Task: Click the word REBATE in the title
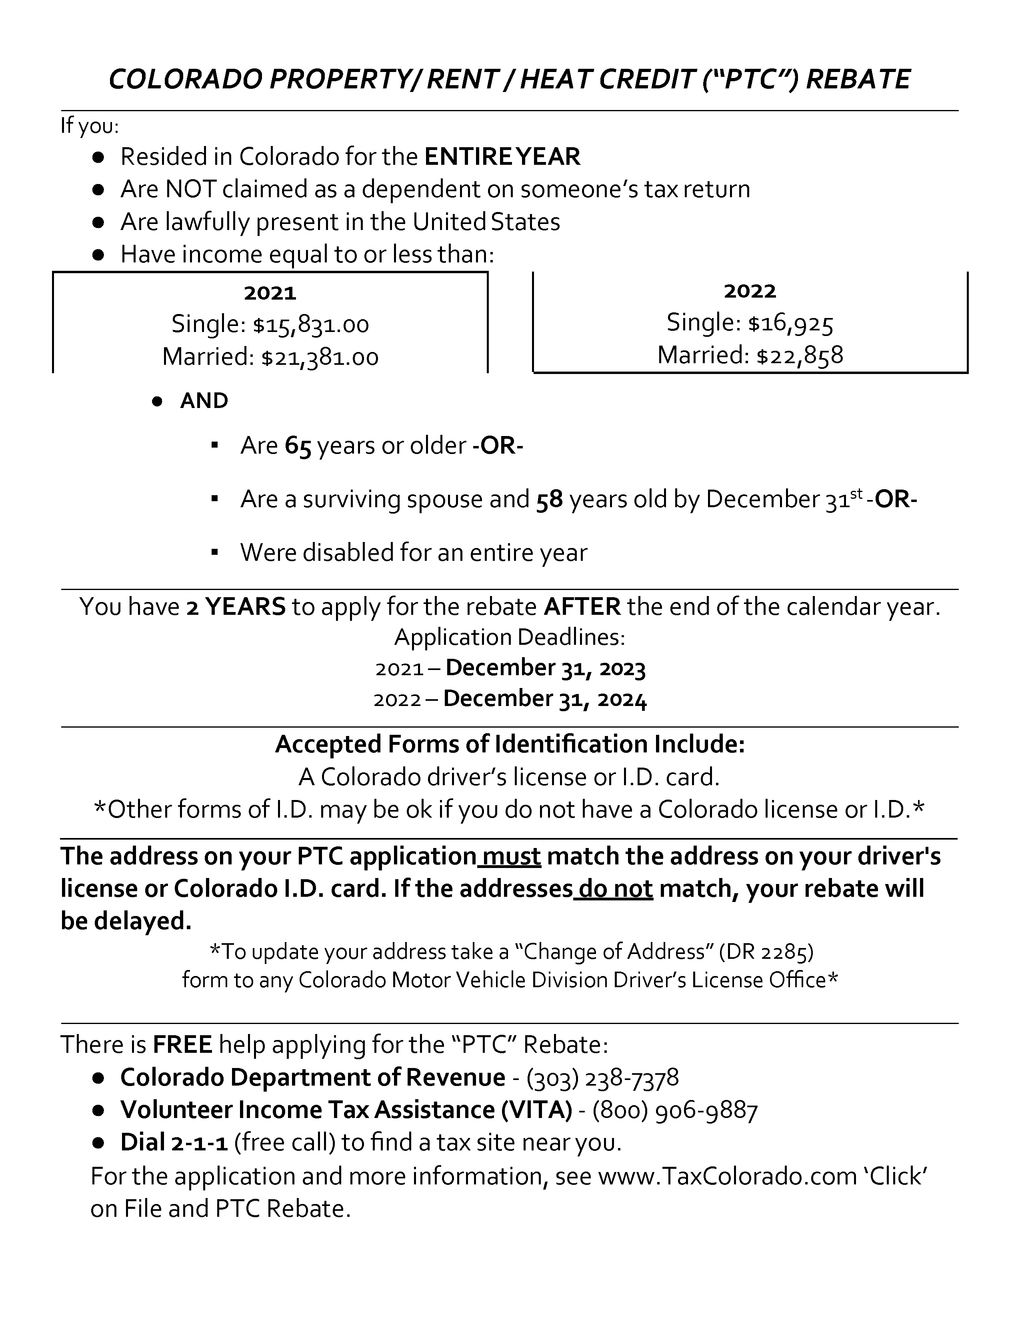tap(858, 79)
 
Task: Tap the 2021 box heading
tap(270, 293)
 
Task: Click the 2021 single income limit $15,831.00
tap(310, 324)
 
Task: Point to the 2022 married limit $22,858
tap(800, 355)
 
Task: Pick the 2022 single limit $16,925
tap(790, 323)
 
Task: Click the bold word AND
tap(204, 401)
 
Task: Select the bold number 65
tap(298, 446)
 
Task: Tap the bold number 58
tap(549, 499)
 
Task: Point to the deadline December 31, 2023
tap(546, 668)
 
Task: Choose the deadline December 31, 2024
tap(545, 699)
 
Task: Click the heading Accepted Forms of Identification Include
tap(510, 744)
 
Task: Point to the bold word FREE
tap(182, 1044)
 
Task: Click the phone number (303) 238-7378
tap(602, 1078)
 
